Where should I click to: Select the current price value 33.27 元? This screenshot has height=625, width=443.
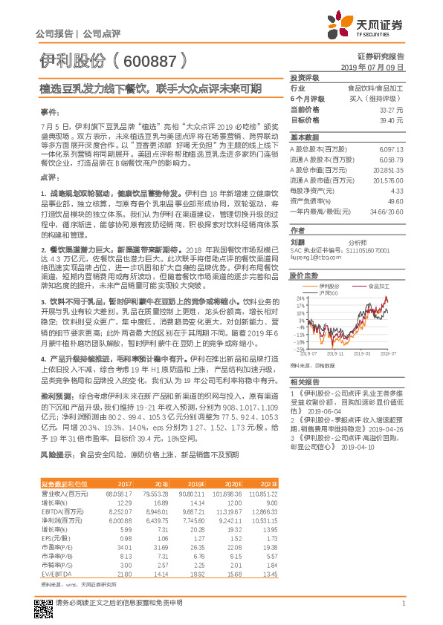coord(393,108)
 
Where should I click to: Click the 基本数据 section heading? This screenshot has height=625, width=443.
coord(303,138)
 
